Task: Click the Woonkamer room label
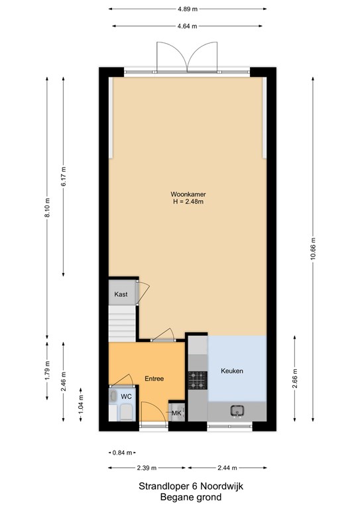(x=188, y=194)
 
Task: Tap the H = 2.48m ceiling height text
(x=188, y=201)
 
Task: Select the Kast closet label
(x=121, y=294)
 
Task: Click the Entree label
(x=154, y=378)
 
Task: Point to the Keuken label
(x=232, y=370)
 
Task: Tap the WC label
(x=126, y=397)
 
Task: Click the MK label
(x=176, y=414)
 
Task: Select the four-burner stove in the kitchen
(x=198, y=380)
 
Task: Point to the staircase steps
(x=122, y=323)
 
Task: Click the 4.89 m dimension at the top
(x=188, y=9)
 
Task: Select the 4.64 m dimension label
(x=188, y=26)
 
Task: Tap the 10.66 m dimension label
(x=313, y=249)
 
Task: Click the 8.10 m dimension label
(x=47, y=207)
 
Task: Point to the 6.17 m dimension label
(x=64, y=176)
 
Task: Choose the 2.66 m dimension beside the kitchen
(x=295, y=378)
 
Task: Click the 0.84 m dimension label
(x=123, y=453)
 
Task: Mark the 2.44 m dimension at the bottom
(x=227, y=468)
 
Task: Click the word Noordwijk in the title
(x=221, y=486)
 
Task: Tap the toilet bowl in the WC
(x=126, y=412)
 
